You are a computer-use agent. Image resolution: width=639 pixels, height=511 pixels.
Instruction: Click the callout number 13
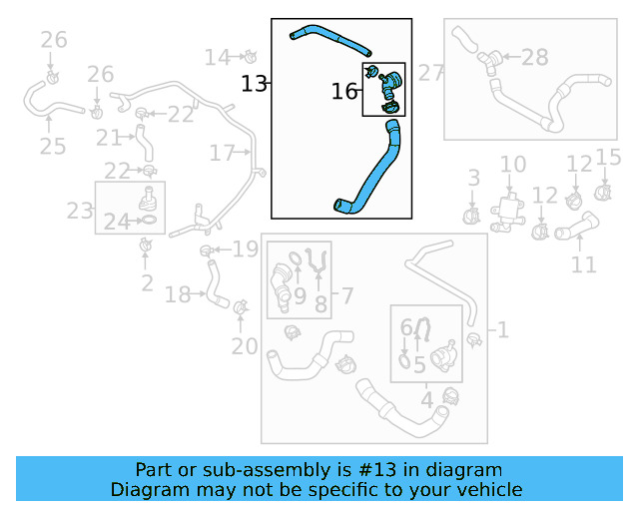[255, 84]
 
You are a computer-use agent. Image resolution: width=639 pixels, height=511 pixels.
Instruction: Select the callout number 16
[344, 92]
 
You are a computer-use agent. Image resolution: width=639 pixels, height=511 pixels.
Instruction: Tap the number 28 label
[535, 58]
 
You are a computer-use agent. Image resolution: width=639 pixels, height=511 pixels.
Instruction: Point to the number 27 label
[430, 72]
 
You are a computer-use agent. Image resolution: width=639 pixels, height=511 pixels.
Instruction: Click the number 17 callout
[222, 153]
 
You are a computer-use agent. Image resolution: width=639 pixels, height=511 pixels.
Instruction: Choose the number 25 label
[52, 147]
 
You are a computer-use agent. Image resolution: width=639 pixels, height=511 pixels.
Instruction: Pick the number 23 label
[79, 211]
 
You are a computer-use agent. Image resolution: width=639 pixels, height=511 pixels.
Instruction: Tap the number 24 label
[117, 222]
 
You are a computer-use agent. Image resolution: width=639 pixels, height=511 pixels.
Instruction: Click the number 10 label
[512, 165]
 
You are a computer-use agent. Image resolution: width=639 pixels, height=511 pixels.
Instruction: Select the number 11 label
[584, 264]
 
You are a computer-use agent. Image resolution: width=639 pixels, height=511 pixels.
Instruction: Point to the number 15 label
[609, 157]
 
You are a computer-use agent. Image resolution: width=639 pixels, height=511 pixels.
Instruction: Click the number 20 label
[245, 346]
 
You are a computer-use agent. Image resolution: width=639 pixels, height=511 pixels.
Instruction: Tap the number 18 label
[178, 294]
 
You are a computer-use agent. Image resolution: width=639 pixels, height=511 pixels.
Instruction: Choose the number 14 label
[217, 57]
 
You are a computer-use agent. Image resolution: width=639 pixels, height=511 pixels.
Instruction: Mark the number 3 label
[474, 178]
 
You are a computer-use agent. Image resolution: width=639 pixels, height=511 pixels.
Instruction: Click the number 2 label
[147, 283]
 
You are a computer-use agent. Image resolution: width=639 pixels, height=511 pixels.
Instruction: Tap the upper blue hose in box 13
[329, 39]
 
